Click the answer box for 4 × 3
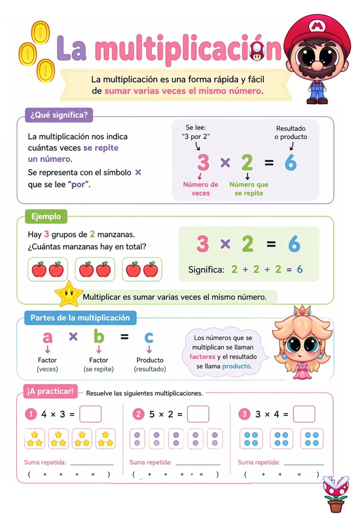point(90,414)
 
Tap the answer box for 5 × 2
point(198,414)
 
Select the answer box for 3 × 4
point(304,414)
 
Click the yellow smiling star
point(68,294)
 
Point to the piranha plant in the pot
point(335,493)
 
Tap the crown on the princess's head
point(302,310)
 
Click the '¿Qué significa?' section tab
point(59,115)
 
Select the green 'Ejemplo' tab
point(46,216)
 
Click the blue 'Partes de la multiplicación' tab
point(80,317)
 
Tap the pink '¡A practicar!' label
point(50,391)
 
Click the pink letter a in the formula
point(47,337)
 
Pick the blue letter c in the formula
point(149,337)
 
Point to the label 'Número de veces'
point(200,188)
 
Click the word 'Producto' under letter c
point(150,360)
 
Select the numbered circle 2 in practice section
point(138,414)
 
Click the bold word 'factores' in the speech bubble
point(202,357)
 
